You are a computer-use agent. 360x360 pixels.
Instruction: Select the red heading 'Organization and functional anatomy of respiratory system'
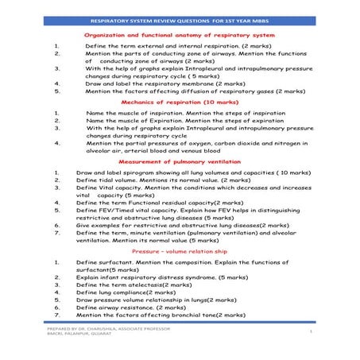coord(180,36)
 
